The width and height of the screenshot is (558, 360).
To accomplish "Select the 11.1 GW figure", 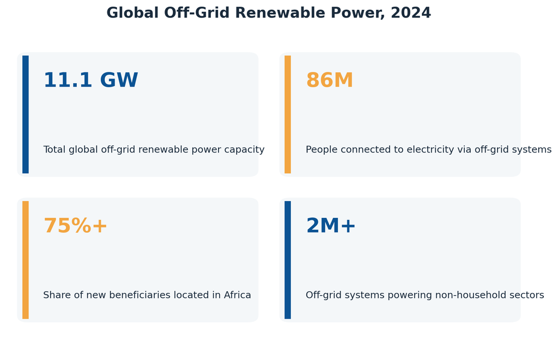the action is pyautogui.click(x=91, y=80).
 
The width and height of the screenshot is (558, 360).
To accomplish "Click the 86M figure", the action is pyautogui.click(x=330, y=80).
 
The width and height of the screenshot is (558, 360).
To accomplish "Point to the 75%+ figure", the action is pyautogui.click(x=75, y=226).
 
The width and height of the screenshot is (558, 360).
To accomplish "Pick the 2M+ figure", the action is pyautogui.click(x=331, y=226).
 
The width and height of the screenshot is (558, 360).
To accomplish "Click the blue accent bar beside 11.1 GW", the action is pyautogui.click(x=26, y=114).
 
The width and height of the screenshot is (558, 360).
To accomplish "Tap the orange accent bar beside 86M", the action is pyautogui.click(x=288, y=114).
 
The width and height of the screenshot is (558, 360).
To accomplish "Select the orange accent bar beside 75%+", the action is pyautogui.click(x=26, y=260).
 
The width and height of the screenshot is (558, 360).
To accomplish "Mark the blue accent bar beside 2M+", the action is pyautogui.click(x=288, y=260).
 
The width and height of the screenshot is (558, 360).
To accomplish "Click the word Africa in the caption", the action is pyautogui.click(x=238, y=295).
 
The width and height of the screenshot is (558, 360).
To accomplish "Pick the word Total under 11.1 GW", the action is pyautogui.click(x=54, y=150).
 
